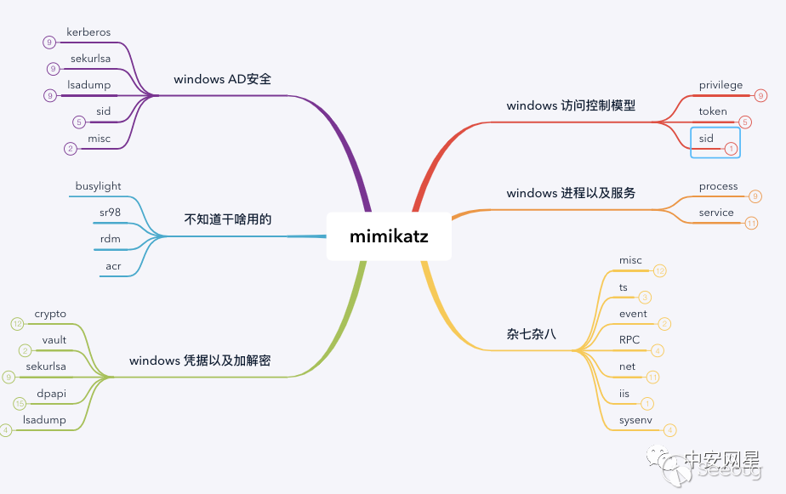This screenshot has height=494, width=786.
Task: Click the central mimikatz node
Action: (x=389, y=236)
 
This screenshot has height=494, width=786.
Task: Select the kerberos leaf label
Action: (x=88, y=32)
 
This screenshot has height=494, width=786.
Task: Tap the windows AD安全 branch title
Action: (x=222, y=79)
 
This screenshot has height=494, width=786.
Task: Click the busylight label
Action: (x=98, y=186)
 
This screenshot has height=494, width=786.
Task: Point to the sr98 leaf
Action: (x=110, y=212)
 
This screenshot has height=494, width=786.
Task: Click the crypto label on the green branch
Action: (x=50, y=314)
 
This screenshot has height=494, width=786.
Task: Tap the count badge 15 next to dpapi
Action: (x=20, y=403)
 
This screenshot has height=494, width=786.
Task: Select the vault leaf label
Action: (x=54, y=340)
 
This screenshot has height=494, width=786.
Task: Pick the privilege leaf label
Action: (x=720, y=85)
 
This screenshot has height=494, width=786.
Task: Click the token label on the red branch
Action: (x=713, y=111)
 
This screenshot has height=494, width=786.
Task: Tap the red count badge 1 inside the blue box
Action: (x=729, y=148)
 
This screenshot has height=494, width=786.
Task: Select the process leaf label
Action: (x=718, y=186)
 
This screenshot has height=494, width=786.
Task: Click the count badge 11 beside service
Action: (x=751, y=224)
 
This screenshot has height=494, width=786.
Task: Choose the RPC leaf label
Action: (x=629, y=340)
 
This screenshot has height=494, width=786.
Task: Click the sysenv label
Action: (x=635, y=420)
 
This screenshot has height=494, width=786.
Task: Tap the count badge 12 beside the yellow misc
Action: (x=660, y=270)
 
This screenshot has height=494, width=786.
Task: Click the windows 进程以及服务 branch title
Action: (x=571, y=193)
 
